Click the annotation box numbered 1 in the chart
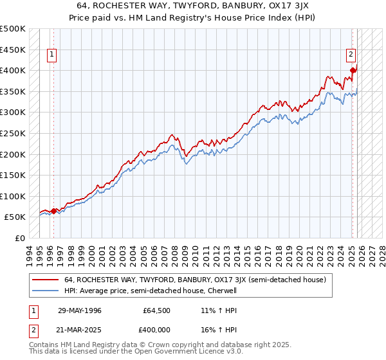click(x=51, y=55)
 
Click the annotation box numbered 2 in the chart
click(x=352, y=55)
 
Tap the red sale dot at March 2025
click(x=353, y=71)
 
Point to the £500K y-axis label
click(x=13, y=29)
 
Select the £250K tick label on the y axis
click(x=13, y=133)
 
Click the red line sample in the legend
click(x=46, y=280)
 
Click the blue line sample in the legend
click(x=46, y=291)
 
